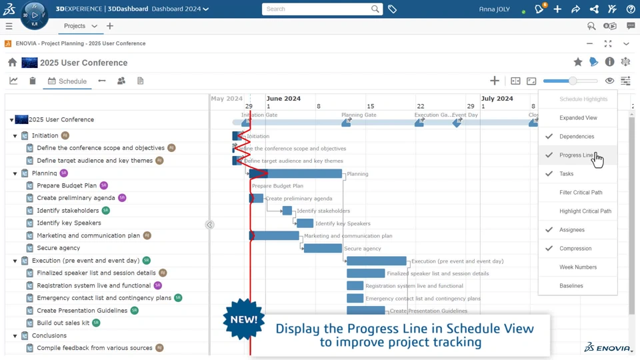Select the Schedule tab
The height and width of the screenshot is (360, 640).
67,81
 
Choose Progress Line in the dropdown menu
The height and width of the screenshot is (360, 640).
576,155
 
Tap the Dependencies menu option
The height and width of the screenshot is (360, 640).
577,137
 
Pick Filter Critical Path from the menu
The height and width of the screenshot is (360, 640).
581,193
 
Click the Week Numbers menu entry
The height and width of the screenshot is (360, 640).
578,267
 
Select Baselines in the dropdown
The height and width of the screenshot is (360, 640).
571,286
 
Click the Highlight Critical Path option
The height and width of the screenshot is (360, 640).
585,211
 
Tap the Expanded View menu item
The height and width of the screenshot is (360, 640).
578,118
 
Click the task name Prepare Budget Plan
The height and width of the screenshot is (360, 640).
67,185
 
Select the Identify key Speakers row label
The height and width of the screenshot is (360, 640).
69,223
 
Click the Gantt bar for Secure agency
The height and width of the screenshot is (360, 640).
323,249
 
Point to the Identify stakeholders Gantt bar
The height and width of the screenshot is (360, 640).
287,211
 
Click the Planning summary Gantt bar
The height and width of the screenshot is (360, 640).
296,174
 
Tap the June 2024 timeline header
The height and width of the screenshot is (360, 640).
283,99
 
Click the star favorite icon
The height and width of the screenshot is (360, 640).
578,62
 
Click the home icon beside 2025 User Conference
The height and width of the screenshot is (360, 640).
13,63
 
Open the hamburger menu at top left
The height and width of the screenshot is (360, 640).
9,27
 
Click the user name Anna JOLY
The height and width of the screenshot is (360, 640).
494,9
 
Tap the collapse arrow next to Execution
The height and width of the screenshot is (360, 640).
15,261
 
